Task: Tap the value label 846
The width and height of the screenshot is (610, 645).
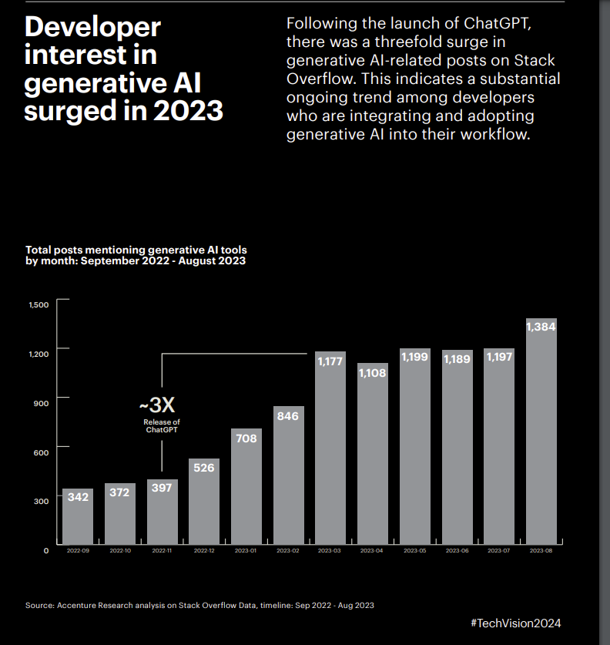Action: (x=288, y=416)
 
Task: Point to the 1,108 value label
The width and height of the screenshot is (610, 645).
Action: (x=372, y=374)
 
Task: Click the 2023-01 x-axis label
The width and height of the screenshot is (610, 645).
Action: (x=246, y=551)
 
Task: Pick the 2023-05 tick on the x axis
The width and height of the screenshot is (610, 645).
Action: (x=414, y=551)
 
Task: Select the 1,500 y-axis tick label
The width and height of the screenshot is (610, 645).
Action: (x=39, y=305)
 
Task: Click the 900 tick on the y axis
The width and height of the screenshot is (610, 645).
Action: (x=41, y=402)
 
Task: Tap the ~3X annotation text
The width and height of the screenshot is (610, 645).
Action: (x=161, y=405)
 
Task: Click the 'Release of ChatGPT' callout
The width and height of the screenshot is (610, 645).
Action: (x=162, y=426)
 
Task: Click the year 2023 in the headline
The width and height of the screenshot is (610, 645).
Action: (x=188, y=110)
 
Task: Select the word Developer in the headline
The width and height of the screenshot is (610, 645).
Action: (x=93, y=28)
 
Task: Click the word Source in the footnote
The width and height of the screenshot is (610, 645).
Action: (x=39, y=606)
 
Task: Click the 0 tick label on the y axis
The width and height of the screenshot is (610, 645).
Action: (x=46, y=550)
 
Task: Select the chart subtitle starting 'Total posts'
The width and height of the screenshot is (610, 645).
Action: (x=136, y=255)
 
